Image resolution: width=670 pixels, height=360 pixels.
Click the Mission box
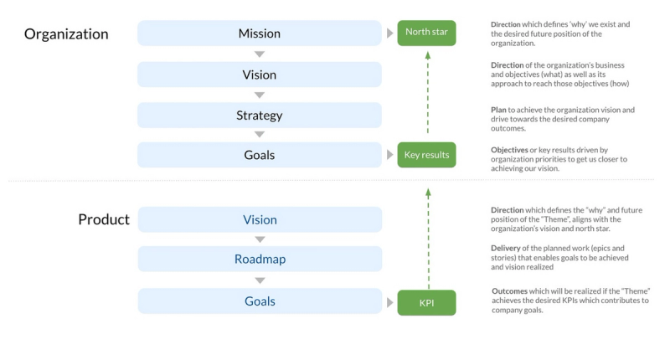(260, 33)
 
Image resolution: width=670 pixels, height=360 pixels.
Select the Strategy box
(260, 116)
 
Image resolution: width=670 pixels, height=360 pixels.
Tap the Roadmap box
(260, 260)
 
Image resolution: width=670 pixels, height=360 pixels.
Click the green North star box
(426, 33)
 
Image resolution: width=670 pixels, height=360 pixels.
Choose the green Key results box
(426, 155)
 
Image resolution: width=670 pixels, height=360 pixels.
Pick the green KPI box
(426, 302)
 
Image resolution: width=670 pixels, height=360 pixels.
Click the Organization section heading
(66, 34)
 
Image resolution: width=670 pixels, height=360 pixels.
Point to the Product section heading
(104, 220)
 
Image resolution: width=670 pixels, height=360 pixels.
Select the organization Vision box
(260, 75)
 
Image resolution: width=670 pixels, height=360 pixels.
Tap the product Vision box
(260, 220)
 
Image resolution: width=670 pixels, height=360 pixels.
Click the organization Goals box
(260, 155)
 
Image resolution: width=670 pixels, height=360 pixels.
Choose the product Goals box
(260, 301)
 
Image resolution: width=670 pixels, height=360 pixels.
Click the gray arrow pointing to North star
(390, 33)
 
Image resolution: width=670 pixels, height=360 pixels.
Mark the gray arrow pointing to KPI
(390, 302)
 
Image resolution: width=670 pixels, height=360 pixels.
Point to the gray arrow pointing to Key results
(390, 155)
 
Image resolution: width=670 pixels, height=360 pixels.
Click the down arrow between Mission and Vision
(260, 54)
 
